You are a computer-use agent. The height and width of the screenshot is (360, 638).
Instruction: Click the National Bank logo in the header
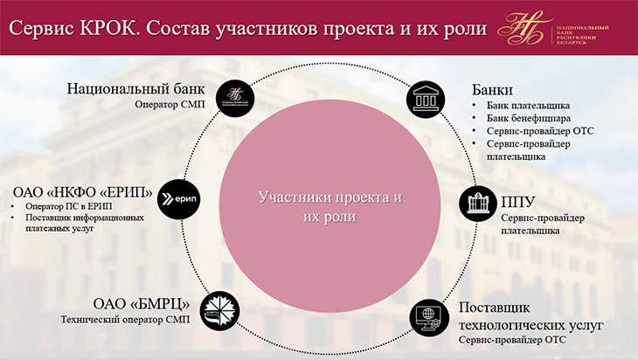tap(553, 28)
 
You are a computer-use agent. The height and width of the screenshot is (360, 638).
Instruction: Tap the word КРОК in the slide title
tap(108, 29)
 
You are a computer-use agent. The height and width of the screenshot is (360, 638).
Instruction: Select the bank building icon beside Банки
tap(426, 100)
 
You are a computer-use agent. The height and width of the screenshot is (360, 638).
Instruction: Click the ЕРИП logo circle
tap(179, 199)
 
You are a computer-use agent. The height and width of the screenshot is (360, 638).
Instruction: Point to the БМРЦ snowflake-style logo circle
tap(219, 311)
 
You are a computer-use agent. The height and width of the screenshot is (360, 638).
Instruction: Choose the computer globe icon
tap(429, 318)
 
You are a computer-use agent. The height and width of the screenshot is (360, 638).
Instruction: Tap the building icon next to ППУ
tap(478, 204)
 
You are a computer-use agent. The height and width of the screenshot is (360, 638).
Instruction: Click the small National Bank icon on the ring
tap(235, 99)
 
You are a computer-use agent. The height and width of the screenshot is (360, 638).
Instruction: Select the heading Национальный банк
tap(135, 88)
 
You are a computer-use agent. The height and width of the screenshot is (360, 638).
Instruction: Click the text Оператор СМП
tap(170, 105)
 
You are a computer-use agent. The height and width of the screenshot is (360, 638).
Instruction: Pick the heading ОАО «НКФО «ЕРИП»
tap(83, 191)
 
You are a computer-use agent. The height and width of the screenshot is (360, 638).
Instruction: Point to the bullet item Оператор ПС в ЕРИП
tap(68, 206)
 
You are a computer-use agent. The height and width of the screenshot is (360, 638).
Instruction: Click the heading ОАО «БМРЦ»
tap(142, 303)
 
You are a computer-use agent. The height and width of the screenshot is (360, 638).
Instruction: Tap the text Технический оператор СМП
tap(125, 320)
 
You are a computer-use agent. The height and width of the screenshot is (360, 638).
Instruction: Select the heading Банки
tap(492, 89)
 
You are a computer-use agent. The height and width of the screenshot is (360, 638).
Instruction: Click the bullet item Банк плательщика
tap(528, 106)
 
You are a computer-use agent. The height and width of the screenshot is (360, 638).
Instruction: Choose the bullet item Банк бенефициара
tap(529, 118)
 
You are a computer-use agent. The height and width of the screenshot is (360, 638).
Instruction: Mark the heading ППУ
tap(518, 202)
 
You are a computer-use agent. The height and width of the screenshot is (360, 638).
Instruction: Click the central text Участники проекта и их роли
tap(330, 206)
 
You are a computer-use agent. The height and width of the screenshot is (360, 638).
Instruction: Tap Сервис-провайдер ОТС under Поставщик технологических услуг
tap(512, 340)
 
